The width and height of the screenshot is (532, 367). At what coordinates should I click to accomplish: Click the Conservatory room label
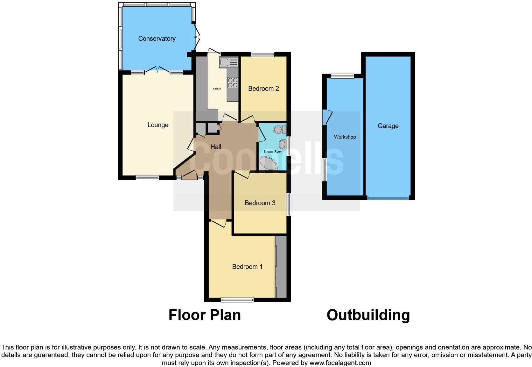157,39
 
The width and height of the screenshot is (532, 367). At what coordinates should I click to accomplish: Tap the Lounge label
158,125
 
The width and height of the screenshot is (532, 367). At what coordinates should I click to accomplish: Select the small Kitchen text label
217,89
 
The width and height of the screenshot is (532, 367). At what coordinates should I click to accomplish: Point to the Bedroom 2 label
263,89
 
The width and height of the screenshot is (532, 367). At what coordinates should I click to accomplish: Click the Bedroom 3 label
260,203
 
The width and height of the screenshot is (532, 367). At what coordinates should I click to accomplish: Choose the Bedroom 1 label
247,267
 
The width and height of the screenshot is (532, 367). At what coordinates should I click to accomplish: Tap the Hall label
216,147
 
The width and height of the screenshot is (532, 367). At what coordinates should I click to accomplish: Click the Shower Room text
273,152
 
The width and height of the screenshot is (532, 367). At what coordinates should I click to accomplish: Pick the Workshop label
345,137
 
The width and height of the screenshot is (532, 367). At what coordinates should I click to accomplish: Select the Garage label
388,126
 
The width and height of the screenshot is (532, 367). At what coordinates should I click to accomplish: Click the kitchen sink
229,62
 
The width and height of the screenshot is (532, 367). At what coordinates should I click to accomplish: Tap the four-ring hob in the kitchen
233,83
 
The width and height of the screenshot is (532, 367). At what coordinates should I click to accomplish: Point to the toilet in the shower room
280,130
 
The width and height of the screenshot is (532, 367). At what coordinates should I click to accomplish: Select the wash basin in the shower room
283,144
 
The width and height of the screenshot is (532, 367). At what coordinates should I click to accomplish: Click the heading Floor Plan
205,315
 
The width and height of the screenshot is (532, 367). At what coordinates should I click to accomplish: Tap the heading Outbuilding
368,315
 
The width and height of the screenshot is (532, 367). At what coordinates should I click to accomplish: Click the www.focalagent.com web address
340,363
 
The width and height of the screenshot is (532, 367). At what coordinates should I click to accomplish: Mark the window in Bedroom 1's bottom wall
237,300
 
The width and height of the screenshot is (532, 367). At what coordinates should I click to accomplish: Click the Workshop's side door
327,117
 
